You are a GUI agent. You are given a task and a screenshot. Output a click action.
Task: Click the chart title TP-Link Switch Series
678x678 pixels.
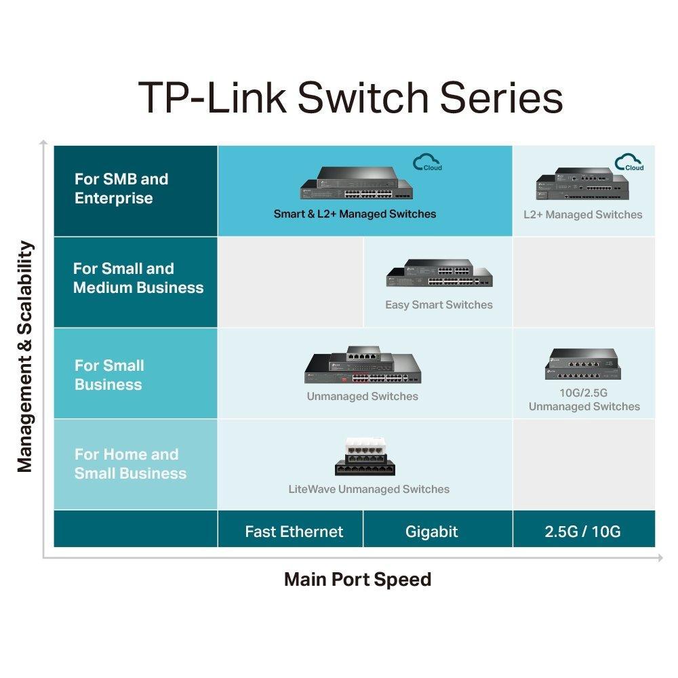[351, 97]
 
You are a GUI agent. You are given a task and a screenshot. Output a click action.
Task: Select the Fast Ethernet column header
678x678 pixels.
[294, 532]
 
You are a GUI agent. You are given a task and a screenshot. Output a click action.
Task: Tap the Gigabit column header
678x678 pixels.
[432, 532]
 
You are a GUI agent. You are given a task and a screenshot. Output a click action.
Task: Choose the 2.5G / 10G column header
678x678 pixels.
[582, 532]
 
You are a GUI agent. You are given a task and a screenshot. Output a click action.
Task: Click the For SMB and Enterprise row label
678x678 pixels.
[121, 189]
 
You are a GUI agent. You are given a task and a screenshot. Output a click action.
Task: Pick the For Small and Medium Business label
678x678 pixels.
[138, 278]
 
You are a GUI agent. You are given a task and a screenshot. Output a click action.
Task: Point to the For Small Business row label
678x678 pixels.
[108, 375]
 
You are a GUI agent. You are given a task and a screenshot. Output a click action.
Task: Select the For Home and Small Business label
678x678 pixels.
[129, 464]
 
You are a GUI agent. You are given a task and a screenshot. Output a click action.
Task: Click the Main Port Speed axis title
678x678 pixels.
[357, 580]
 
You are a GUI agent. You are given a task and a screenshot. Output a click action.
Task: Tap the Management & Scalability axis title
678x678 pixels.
[25, 357]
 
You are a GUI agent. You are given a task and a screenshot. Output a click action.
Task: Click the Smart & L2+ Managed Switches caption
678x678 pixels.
[355, 214]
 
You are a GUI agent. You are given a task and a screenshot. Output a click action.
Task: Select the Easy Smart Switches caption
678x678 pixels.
[439, 305]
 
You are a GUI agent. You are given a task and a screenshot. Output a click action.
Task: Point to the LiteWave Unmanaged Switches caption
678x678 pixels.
[369, 489]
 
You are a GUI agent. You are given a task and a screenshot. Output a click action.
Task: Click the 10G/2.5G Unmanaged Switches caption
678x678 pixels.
[584, 400]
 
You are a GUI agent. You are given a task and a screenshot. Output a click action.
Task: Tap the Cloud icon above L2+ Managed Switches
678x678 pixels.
[629, 163]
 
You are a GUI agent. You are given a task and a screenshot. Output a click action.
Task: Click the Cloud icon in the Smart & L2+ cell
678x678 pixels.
[427, 163]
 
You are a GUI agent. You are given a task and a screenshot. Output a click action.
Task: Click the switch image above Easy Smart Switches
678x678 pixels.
[439, 274]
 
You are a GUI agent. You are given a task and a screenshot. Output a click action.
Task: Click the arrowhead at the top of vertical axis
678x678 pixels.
[43, 142]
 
